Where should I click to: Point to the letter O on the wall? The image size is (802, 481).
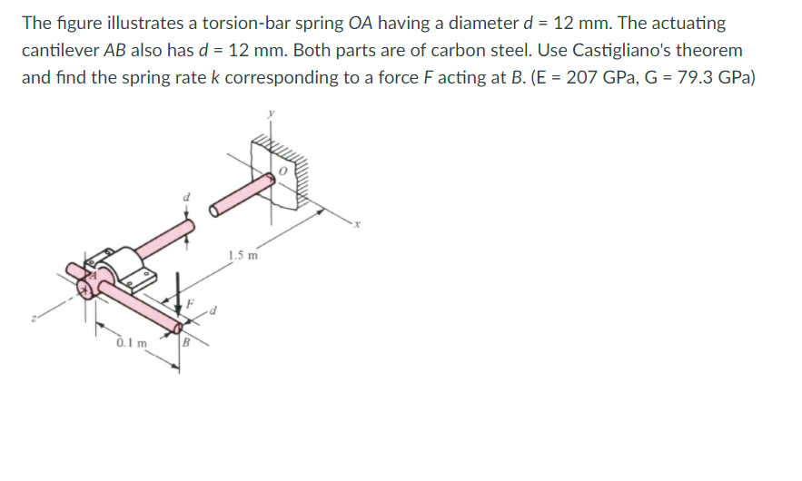[283, 169]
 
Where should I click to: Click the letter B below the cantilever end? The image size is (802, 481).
[185, 343]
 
